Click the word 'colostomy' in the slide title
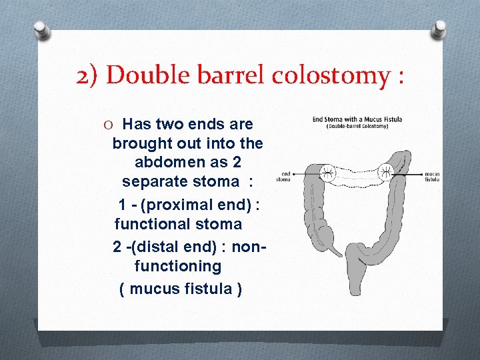click(329, 75)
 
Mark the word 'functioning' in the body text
click(178, 266)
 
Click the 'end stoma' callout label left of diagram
click(283, 176)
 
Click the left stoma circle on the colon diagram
click(327, 173)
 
